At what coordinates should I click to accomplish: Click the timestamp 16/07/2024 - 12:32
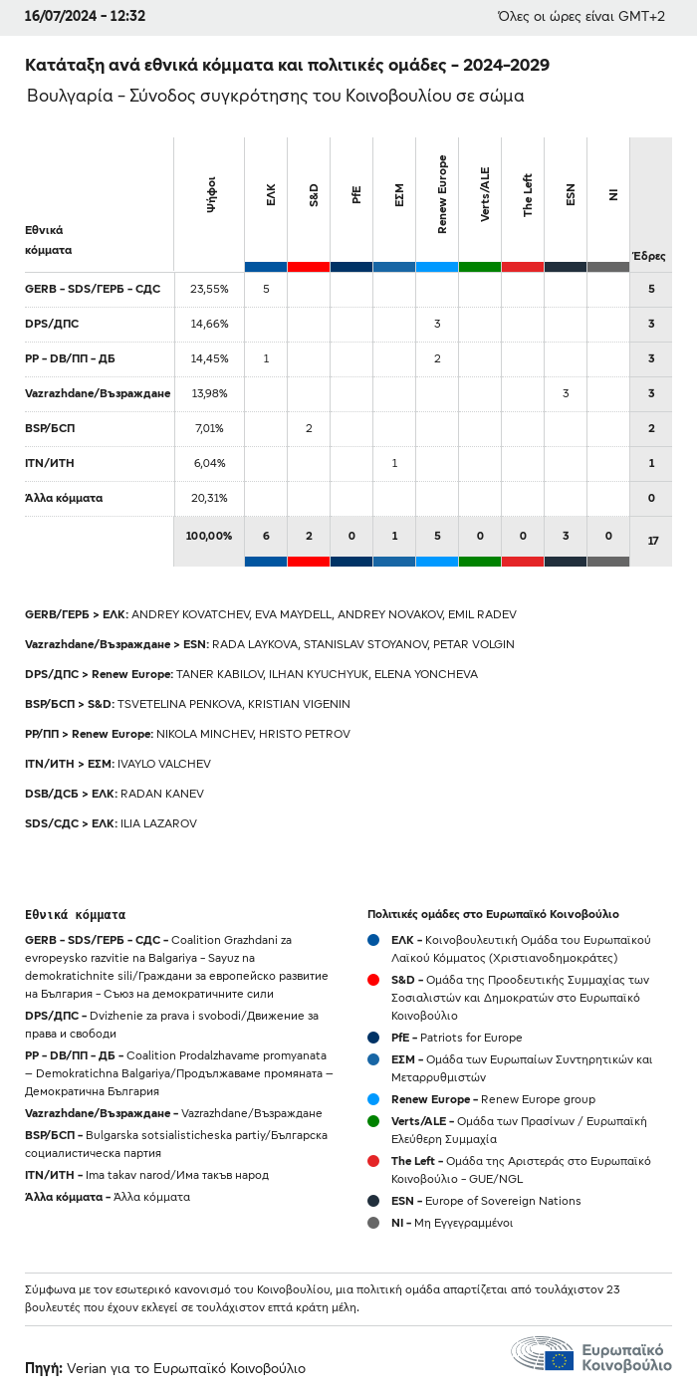[86, 16]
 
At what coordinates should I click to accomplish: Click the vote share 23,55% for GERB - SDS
[209, 289]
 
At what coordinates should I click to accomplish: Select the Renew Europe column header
[442, 195]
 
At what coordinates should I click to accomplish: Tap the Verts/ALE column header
[485, 195]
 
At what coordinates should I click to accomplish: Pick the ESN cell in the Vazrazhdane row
[566, 393]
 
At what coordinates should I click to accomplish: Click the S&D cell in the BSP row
[309, 428]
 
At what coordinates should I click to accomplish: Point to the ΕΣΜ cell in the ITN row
[394, 463]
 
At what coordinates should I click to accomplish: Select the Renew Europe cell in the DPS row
[437, 324]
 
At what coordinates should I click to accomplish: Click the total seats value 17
[652, 541]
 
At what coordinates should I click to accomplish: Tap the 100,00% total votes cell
[209, 536]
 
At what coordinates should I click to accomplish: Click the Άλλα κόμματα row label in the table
[64, 498]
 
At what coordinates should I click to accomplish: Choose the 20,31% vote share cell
[209, 498]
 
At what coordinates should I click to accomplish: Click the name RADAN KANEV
[161, 794]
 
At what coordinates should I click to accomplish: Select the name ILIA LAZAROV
[158, 823]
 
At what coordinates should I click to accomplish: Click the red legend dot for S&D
[373, 980]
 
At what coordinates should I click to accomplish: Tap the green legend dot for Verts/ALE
[373, 1121]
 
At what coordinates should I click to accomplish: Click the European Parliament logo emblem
[543, 1354]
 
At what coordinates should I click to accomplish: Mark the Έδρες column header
[649, 256]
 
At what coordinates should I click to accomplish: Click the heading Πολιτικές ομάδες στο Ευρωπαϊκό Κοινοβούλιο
[493, 914]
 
